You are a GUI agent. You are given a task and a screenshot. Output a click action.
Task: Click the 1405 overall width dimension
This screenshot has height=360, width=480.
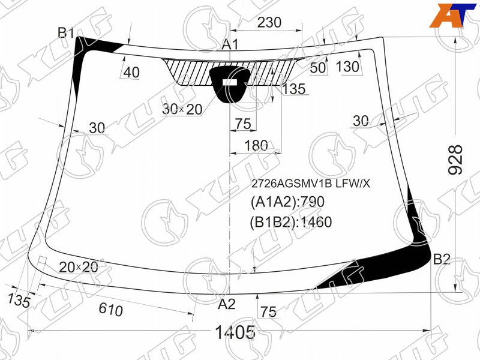[x=235, y=332]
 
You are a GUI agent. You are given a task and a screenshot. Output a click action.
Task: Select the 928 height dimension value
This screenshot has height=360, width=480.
[x=455, y=160]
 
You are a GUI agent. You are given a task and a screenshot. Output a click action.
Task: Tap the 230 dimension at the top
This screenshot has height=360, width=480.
[x=269, y=22]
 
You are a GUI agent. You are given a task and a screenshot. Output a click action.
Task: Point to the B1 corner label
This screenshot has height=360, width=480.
[x=66, y=32]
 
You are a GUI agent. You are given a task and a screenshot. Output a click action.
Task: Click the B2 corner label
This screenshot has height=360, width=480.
[x=442, y=259]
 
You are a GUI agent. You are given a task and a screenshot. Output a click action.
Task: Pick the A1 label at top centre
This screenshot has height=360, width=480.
[x=230, y=44]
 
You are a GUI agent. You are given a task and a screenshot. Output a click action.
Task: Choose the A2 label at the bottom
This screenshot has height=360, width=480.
[x=227, y=304]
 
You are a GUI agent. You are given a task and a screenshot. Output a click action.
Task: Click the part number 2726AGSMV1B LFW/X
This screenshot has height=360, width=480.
[x=310, y=184]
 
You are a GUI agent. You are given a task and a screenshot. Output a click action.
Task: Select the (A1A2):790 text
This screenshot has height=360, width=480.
[x=287, y=202]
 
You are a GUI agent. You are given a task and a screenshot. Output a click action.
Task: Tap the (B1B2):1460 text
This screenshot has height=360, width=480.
[x=291, y=222]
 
